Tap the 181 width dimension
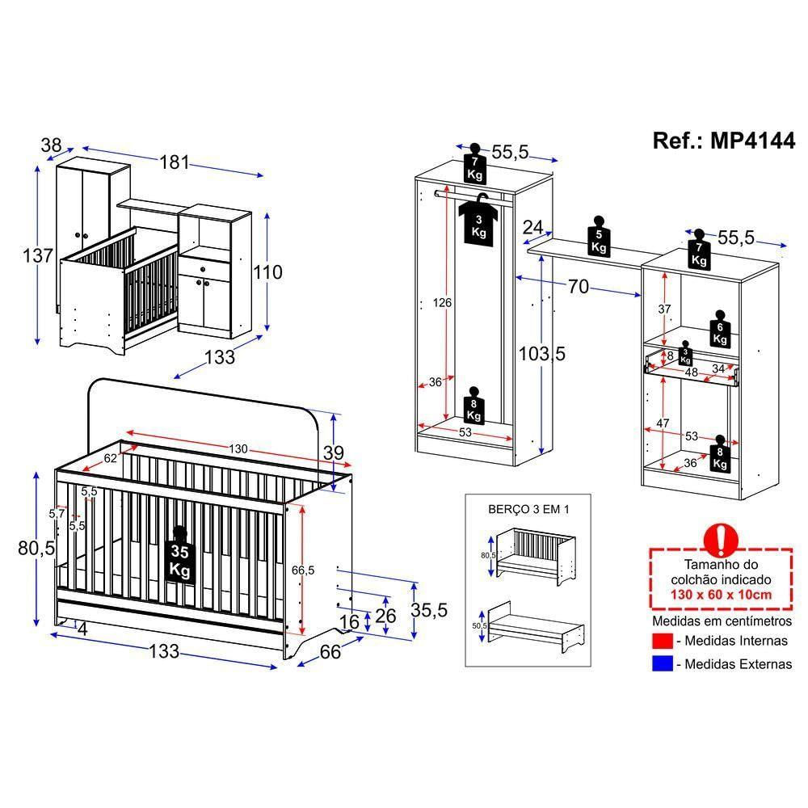click(173, 162)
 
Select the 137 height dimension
click(37, 255)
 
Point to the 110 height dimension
click(266, 272)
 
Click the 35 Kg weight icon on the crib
click(179, 557)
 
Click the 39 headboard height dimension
click(333, 453)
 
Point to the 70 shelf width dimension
click(576, 286)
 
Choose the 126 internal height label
click(441, 303)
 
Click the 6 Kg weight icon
click(719, 326)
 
